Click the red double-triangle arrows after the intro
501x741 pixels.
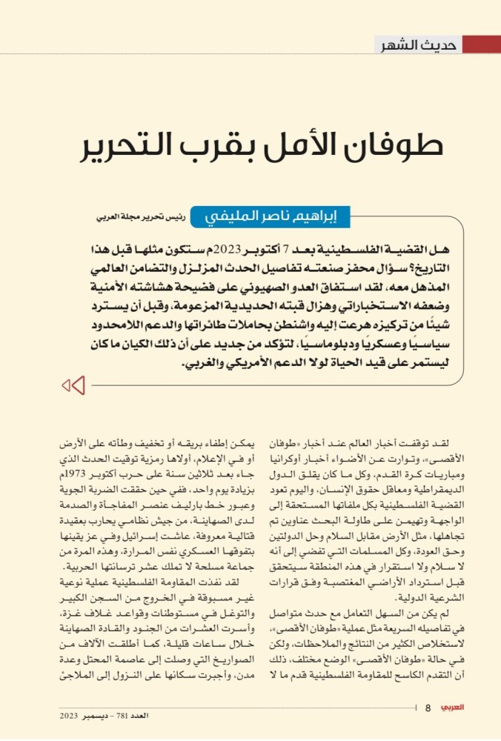[x=73, y=385]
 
